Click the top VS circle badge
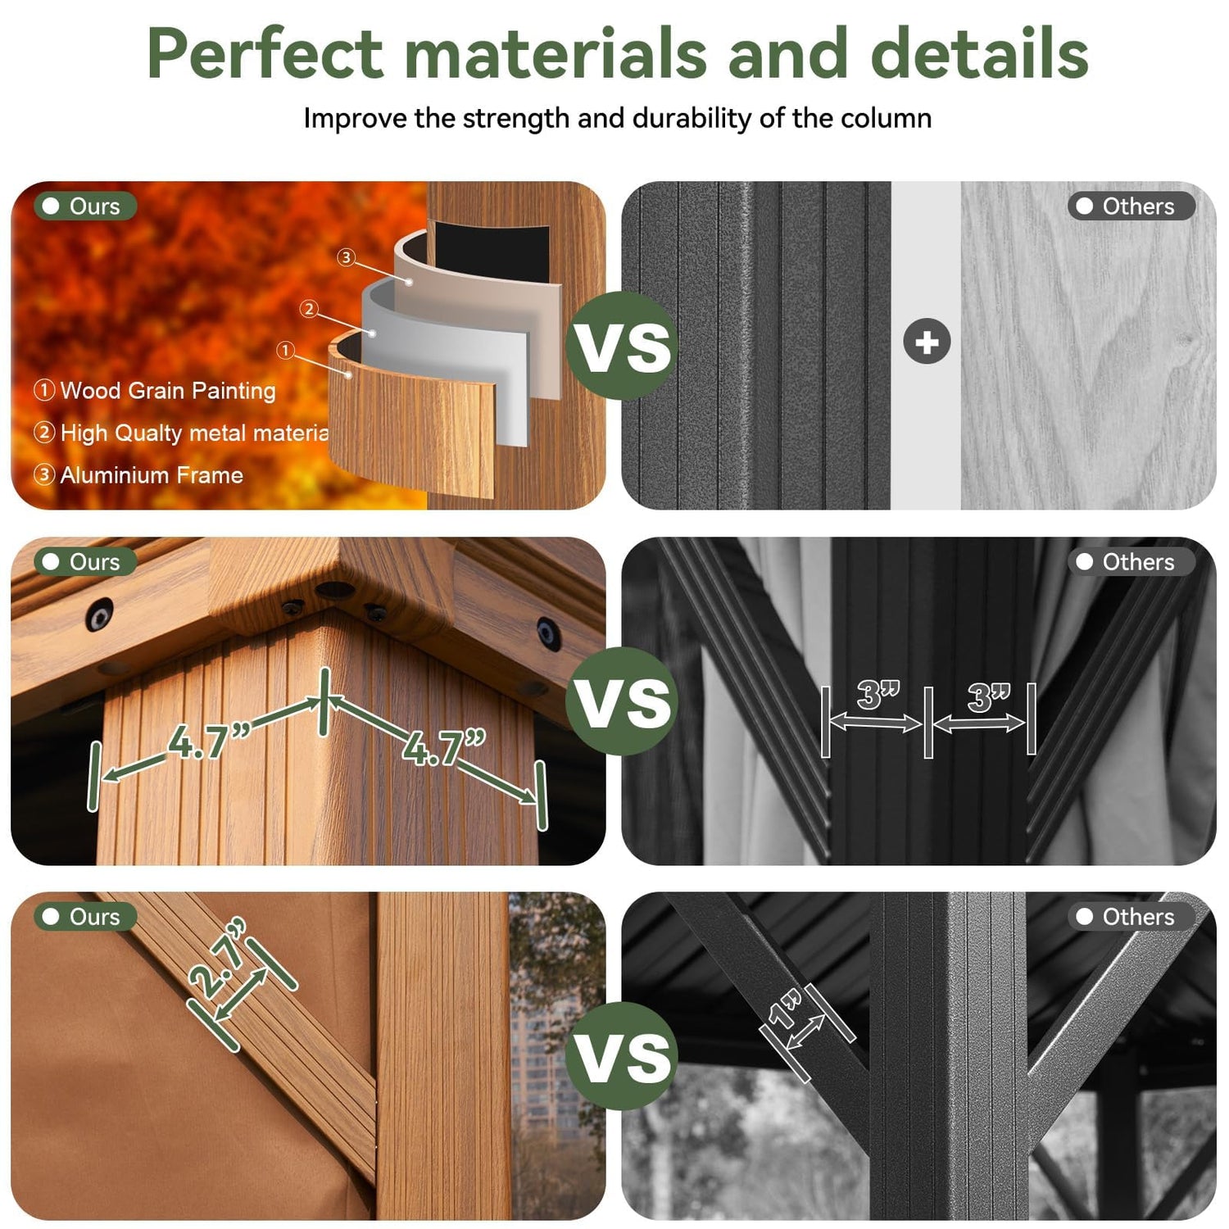tap(622, 345)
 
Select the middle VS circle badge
tap(622, 701)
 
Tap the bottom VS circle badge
tap(622, 1055)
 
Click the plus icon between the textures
tap(927, 342)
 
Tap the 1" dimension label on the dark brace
tap(784, 1009)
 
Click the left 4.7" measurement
tap(208, 741)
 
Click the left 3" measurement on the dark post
tap(878, 695)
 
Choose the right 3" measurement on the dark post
tap(989, 696)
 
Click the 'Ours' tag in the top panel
tap(84, 206)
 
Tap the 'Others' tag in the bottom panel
tap(1131, 917)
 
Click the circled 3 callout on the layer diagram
tap(346, 257)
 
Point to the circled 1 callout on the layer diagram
tap(285, 351)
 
